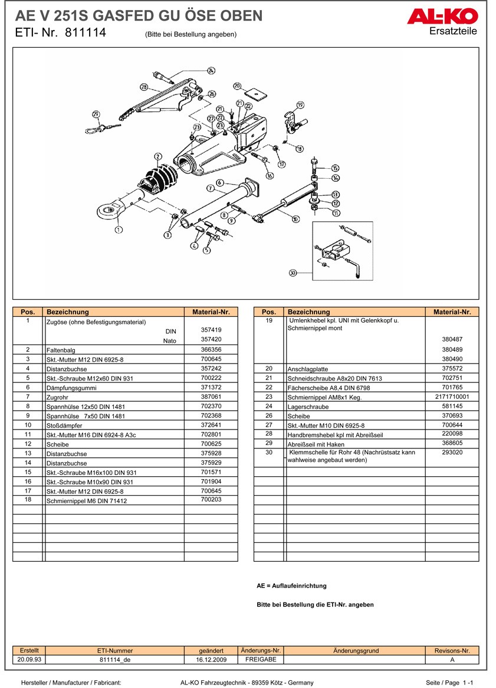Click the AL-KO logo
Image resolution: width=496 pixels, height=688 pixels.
[442, 17]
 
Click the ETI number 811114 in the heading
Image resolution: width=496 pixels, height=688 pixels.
[86, 33]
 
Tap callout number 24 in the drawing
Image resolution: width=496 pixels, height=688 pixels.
[211, 71]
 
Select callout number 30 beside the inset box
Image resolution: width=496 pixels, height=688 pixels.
[293, 273]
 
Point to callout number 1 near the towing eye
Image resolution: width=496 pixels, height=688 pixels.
[119, 229]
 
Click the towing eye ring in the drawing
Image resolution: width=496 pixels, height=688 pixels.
[107, 213]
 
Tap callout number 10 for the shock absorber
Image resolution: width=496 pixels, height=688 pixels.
[295, 218]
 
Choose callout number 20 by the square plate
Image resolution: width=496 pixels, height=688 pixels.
[237, 86]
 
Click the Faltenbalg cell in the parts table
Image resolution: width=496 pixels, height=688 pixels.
[61, 350]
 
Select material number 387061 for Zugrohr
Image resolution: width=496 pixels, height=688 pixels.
[211, 397]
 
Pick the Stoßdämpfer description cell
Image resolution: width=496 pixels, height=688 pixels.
[64, 425]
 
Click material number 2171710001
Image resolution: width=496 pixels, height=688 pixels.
[452, 397]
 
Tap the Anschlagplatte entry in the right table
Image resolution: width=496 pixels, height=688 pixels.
[308, 369]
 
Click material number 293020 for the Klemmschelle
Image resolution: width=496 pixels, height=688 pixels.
[452, 452]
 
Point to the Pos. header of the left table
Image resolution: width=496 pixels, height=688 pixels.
[28, 312]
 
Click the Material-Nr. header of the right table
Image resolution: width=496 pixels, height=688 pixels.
[452, 312]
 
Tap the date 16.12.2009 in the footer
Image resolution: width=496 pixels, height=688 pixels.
[211, 660]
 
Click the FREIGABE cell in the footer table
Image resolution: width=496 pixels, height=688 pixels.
[261, 659]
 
